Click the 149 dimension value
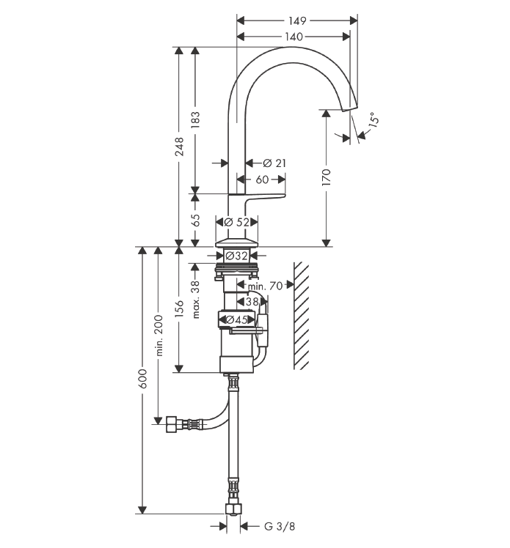[x=297, y=21]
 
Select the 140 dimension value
[x=294, y=37]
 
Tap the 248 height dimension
[x=179, y=147]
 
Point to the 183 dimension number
[x=196, y=120]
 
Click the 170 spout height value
[x=327, y=177]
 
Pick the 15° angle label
[x=373, y=119]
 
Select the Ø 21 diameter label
[x=274, y=163]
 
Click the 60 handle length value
[x=262, y=179]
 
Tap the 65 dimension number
[x=196, y=221]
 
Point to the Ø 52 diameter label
[x=236, y=222]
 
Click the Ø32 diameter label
[x=236, y=256]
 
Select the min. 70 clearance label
[x=265, y=286]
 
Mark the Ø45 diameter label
[x=237, y=319]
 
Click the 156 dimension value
[x=179, y=308]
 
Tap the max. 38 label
[x=196, y=299]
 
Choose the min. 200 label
[x=159, y=336]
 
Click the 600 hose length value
[x=142, y=379]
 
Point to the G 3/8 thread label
[x=280, y=526]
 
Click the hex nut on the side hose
[x=172, y=424]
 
